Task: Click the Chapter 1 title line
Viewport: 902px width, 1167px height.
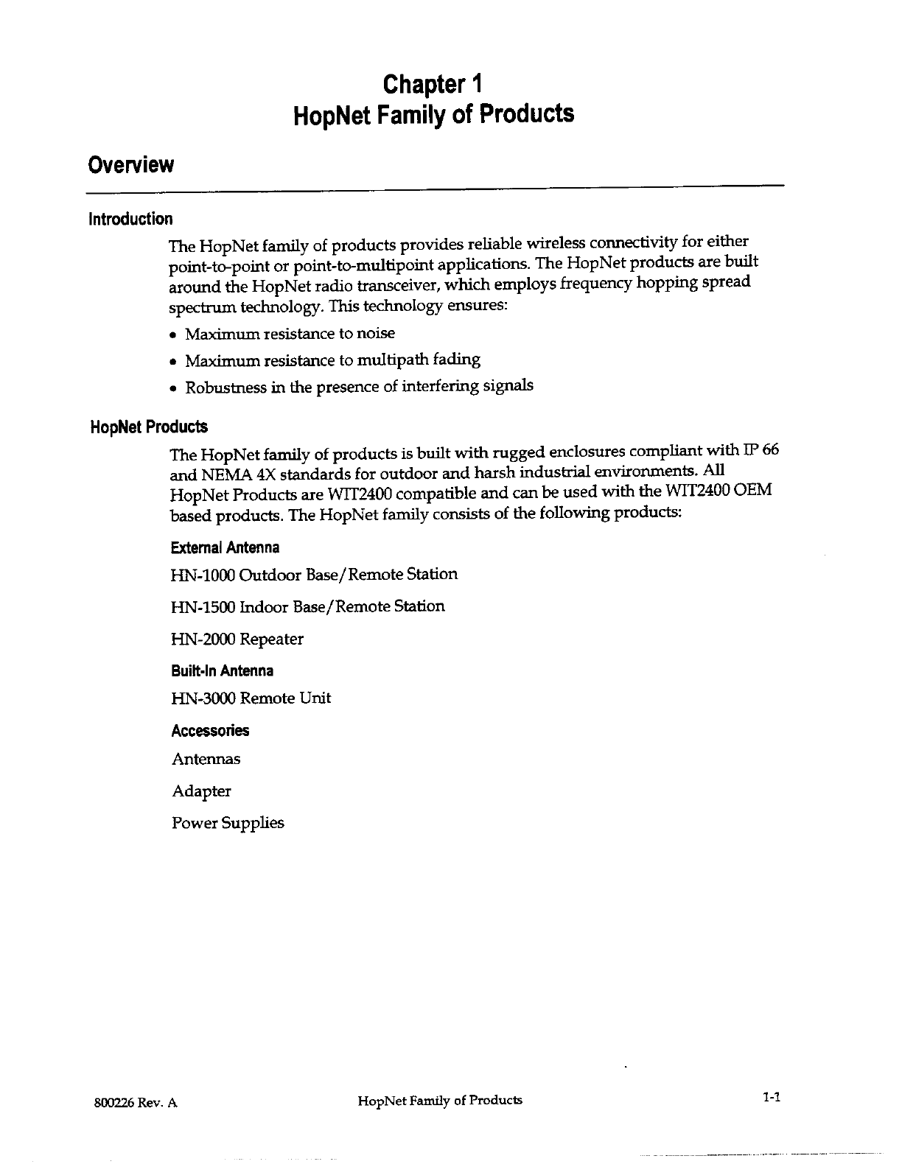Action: pos(433,84)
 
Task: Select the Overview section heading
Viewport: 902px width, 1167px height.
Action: pos(130,164)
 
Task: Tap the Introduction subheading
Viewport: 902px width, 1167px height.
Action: pos(130,219)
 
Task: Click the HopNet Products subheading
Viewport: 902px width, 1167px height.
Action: pos(148,427)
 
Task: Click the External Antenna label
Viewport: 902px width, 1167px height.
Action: pos(225,548)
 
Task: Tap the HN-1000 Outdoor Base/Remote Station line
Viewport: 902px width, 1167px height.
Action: pos(314,575)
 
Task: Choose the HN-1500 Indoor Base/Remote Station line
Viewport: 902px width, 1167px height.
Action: pos(308,607)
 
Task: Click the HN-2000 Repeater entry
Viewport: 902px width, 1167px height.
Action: pos(237,639)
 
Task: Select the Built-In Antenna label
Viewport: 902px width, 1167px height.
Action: pos(222,671)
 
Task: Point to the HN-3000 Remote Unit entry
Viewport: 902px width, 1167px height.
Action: pos(251,698)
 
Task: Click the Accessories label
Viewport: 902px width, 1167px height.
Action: pos(210,731)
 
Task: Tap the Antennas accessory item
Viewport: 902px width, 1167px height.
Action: pos(206,760)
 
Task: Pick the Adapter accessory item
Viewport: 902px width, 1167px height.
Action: pos(201,792)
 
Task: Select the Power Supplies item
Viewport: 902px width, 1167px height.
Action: pos(228,824)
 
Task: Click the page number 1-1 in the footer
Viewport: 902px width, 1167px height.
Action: pos(772,1098)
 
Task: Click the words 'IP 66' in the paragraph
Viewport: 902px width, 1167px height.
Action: pos(761,451)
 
